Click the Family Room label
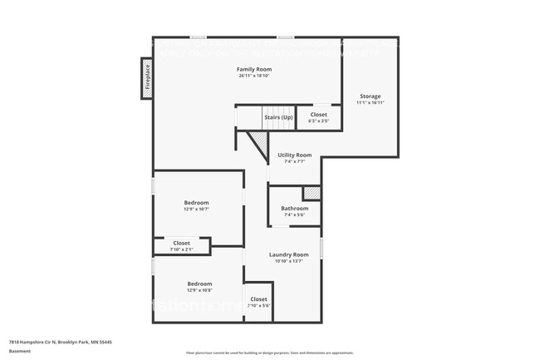(253, 69)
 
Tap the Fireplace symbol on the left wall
(147, 77)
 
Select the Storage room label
(370, 96)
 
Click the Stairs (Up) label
(278, 117)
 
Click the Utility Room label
(294, 155)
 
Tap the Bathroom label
(294, 209)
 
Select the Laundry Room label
(288, 254)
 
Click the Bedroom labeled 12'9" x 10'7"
(197, 203)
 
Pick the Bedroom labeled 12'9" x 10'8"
(199, 284)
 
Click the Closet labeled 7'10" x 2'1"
(181, 244)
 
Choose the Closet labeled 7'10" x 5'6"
(258, 299)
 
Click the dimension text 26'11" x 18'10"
(253, 76)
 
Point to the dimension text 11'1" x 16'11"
(370, 103)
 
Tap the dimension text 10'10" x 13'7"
(288, 261)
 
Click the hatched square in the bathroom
(311, 193)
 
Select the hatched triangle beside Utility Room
(260, 145)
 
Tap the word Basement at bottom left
(20, 351)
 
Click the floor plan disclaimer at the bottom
(269, 353)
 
